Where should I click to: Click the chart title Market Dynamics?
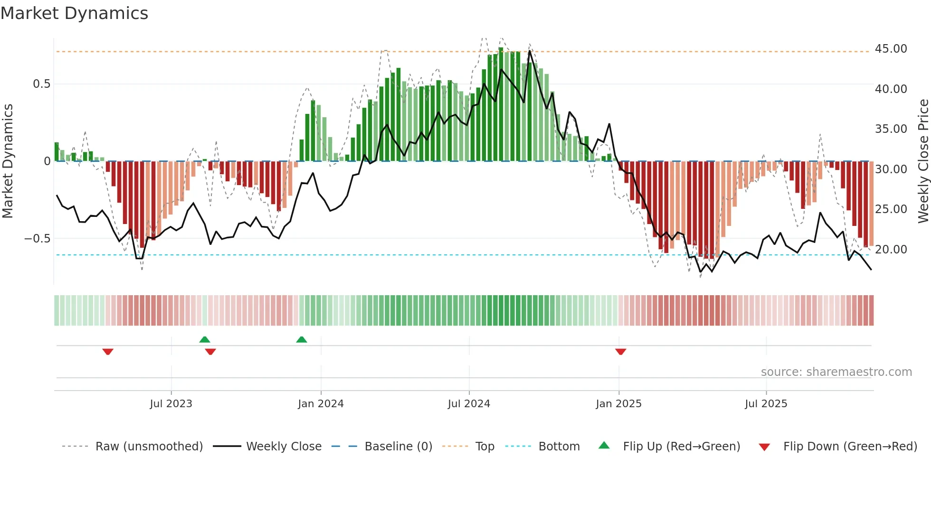(75, 13)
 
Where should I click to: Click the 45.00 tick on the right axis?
(891, 49)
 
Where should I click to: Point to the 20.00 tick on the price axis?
(891, 249)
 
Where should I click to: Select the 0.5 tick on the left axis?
(41, 84)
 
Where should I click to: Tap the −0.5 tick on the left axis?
(38, 238)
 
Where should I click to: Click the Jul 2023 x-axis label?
(171, 404)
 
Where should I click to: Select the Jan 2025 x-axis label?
(618, 404)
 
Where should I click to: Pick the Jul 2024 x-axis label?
(469, 404)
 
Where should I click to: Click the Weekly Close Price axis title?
(923, 161)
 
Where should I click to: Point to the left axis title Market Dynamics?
(8, 161)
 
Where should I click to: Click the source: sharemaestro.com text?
(836, 372)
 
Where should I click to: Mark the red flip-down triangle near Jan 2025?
(620, 352)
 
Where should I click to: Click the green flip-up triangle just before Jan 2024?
(302, 339)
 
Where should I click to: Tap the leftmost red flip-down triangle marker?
(108, 352)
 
